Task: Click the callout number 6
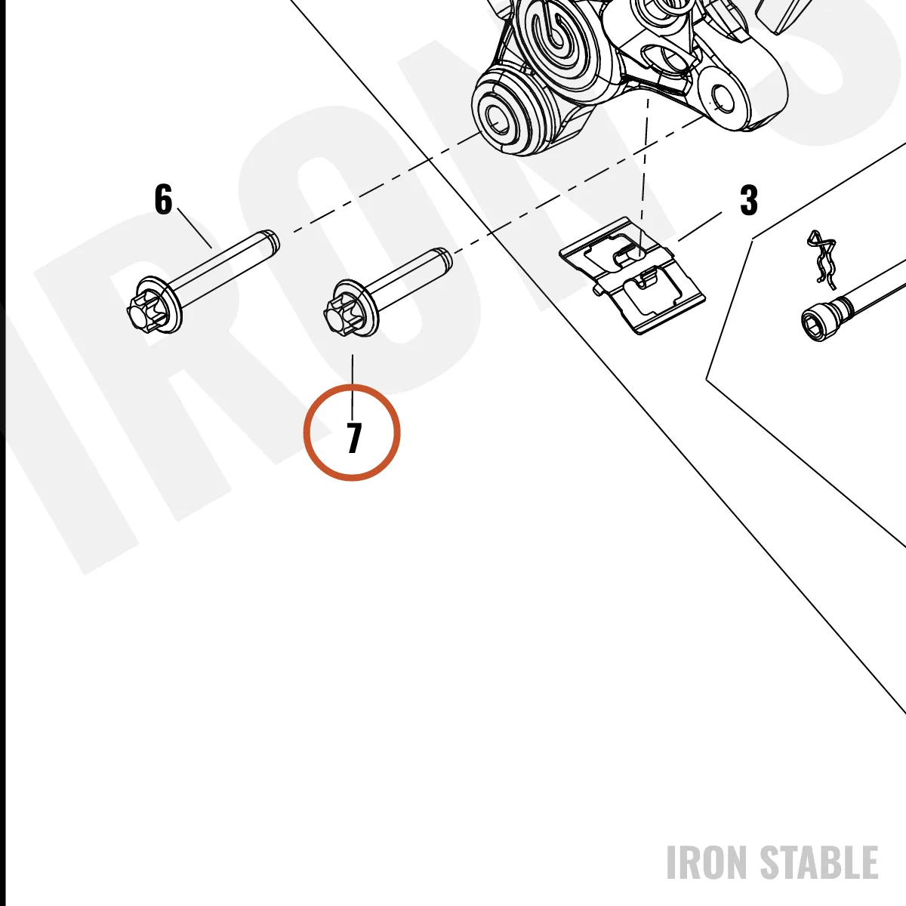pyautogui.click(x=163, y=199)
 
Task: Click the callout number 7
pyautogui.click(x=354, y=438)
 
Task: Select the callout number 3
pyautogui.click(x=748, y=200)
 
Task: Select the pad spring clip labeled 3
pyautogui.click(x=633, y=275)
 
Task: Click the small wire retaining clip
pyautogui.click(x=822, y=259)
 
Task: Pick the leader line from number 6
pyautogui.click(x=195, y=230)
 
